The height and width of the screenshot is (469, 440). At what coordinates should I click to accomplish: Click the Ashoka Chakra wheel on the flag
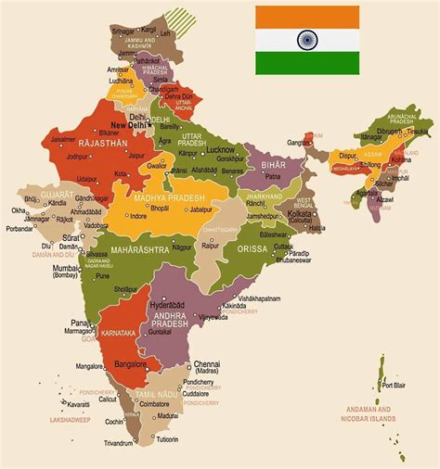pos(308,40)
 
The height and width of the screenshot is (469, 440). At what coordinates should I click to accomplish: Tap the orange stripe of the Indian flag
pos(308,17)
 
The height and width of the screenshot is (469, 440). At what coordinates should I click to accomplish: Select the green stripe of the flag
pos(308,63)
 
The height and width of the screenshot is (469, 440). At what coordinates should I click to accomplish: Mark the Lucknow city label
pos(220,149)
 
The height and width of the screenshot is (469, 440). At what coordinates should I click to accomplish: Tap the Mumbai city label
pos(66,268)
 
